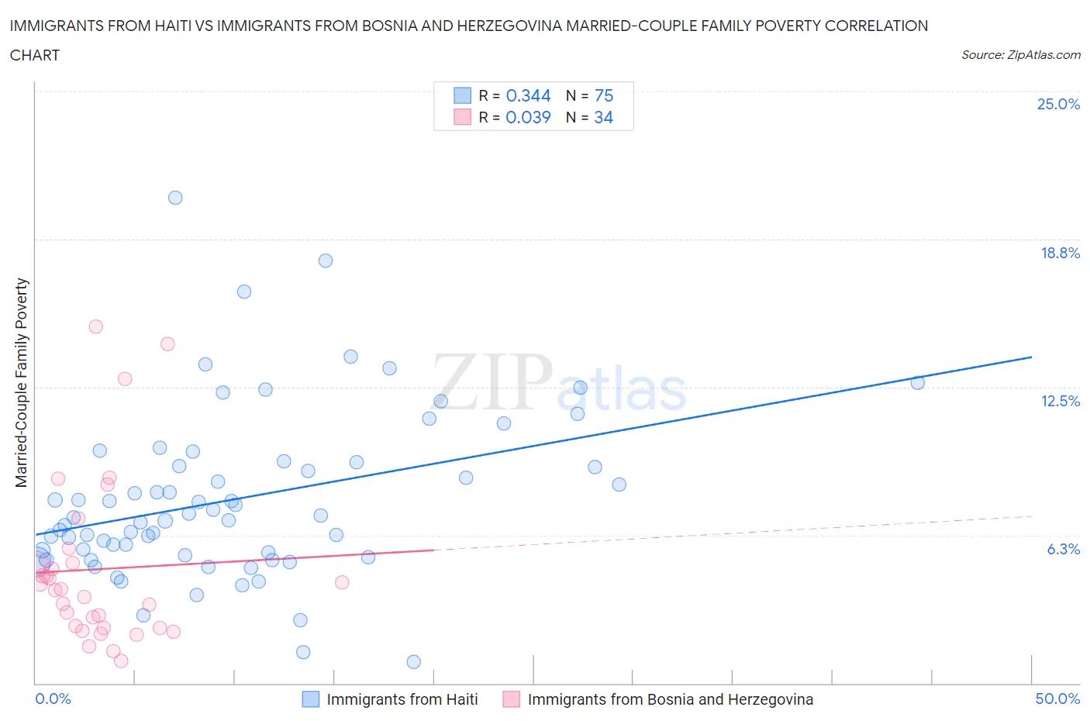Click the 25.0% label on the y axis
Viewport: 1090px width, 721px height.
[x=1058, y=104]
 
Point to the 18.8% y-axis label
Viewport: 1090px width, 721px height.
[x=1060, y=253]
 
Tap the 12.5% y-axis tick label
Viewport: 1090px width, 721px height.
[x=1060, y=401]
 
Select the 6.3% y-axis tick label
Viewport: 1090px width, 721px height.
[x=1063, y=549]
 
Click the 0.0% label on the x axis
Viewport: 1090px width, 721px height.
[x=53, y=699]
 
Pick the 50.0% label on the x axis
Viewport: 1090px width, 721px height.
[x=1057, y=699]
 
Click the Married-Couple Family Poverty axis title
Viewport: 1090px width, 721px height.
[x=22, y=383]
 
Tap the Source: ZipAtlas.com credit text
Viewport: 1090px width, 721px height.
[x=1020, y=54]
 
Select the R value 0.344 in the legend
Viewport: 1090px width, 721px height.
[x=528, y=95]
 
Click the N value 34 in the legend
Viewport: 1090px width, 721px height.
[x=603, y=117]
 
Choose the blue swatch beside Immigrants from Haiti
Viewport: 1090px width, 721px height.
[x=310, y=699]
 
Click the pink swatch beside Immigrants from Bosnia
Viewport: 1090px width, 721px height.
[x=511, y=699]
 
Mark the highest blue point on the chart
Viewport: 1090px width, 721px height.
[x=175, y=198]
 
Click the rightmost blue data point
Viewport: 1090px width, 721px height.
[x=917, y=382]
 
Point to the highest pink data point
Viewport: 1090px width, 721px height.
[x=96, y=326]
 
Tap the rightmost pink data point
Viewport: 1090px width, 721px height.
[x=342, y=582]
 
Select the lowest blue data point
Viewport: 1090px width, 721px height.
[x=413, y=661]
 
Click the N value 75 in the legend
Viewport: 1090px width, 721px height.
[x=603, y=95]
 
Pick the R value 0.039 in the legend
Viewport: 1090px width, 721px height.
[x=528, y=117]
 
